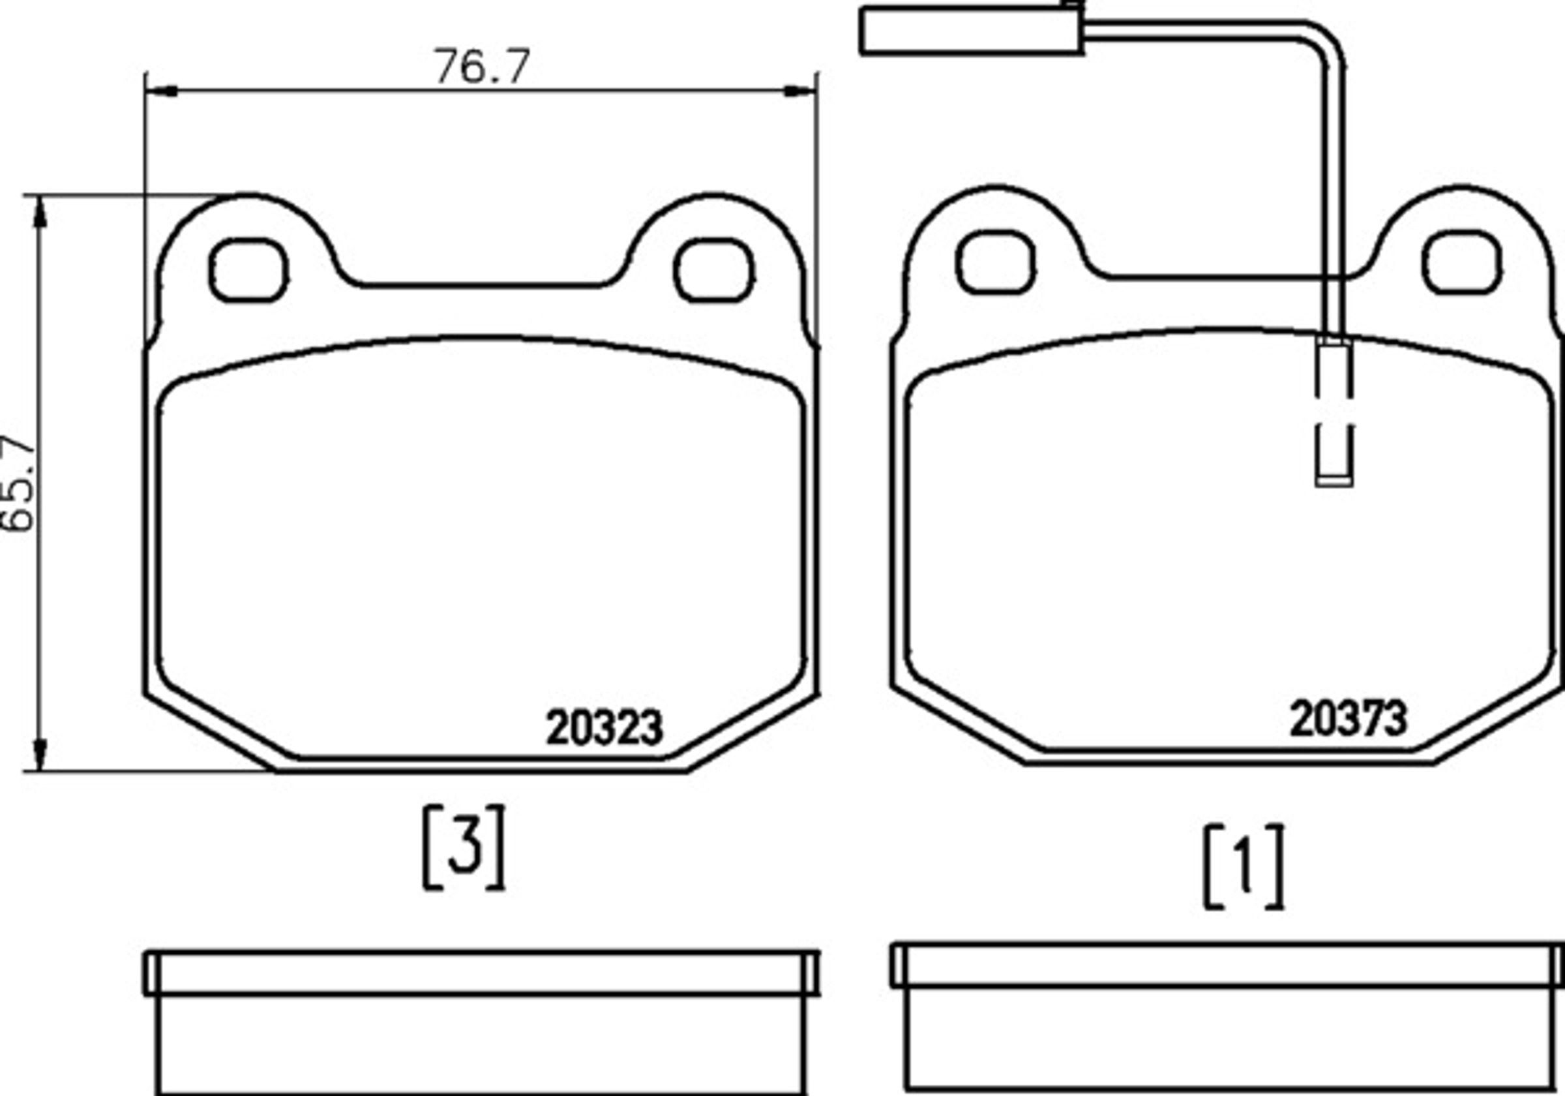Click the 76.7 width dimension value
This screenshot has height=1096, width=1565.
click(482, 66)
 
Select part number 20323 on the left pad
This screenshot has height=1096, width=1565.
click(604, 727)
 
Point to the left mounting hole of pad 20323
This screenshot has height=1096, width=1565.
click(248, 270)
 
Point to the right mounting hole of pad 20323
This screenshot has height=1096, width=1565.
click(713, 270)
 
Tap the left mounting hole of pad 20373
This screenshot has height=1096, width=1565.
click(996, 262)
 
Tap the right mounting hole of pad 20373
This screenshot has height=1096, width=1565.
click(1461, 262)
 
